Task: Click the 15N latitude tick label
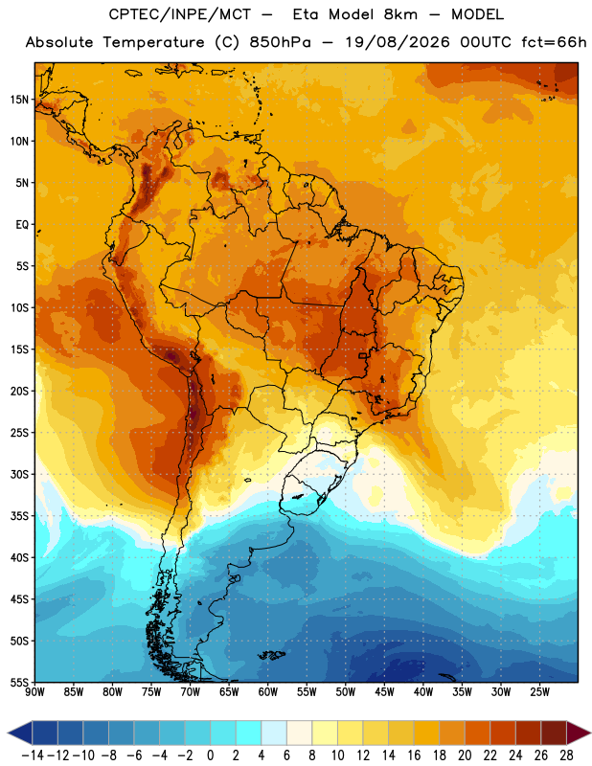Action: (19, 100)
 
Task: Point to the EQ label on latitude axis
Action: (22, 225)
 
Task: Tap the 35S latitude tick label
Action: (19, 516)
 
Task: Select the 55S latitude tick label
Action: (19, 682)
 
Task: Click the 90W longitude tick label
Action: (34, 692)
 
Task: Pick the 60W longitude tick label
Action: (268, 692)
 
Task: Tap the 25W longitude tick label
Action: (539, 692)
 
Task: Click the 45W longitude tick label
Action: (384, 692)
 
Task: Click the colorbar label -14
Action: (33, 755)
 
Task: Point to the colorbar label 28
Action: (566, 755)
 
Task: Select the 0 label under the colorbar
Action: (211, 755)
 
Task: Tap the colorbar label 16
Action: (414, 755)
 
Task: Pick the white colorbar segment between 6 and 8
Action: (300, 732)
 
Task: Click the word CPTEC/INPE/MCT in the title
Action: (180, 14)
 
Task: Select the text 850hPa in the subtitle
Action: (280, 42)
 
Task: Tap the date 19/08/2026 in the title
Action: (398, 42)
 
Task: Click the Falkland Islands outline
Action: (271, 655)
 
